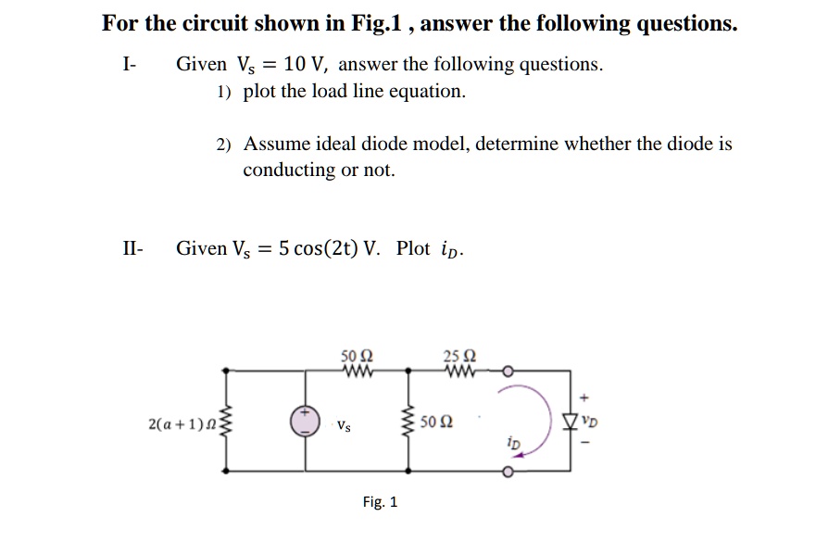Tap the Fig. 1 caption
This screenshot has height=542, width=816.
[x=380, y=502]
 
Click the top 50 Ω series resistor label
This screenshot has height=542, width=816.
[x=357, y=354]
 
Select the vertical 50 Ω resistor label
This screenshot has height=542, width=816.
[x=434, y=422]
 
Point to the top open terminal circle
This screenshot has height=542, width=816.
[x=507, y=372]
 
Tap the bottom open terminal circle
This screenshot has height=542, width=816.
[x=507, y=472]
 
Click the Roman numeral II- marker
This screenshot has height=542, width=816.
[x=132, y=248]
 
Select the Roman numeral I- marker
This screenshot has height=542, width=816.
[x=129, y=64]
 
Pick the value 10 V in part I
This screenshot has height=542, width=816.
[x=307, y=64]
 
